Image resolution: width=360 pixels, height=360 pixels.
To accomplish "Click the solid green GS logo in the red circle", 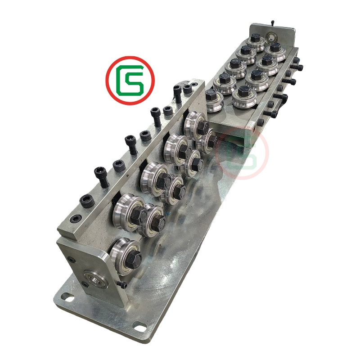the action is pos(130,81).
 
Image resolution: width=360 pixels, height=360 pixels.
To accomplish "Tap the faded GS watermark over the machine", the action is pos(242,153).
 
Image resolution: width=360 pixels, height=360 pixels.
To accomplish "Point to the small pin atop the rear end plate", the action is pos(273,23).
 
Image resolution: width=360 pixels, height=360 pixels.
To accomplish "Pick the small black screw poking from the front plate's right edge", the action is pos(122,285).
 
